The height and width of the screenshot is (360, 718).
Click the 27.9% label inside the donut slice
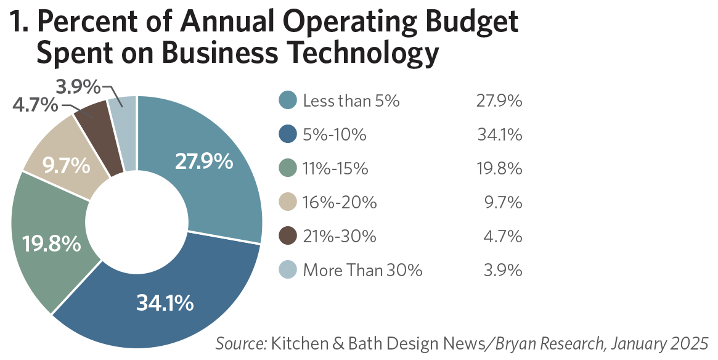[x=204, y=162]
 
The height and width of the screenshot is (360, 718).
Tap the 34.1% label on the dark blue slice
[x=165, y=303]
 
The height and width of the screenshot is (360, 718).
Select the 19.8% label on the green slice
[x=52, y=243]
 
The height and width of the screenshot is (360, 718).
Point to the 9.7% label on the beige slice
[x=66, y=166]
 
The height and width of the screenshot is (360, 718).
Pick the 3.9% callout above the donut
[x=78, y=87]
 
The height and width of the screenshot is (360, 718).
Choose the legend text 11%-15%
[x=335, y=168]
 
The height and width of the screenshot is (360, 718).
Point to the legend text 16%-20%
[x=340, y=202]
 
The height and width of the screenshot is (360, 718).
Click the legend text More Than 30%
[x=362, y=270]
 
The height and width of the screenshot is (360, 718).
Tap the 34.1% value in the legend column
[x=500, y=134]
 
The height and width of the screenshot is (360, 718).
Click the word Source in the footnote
[x=240, y=343]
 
